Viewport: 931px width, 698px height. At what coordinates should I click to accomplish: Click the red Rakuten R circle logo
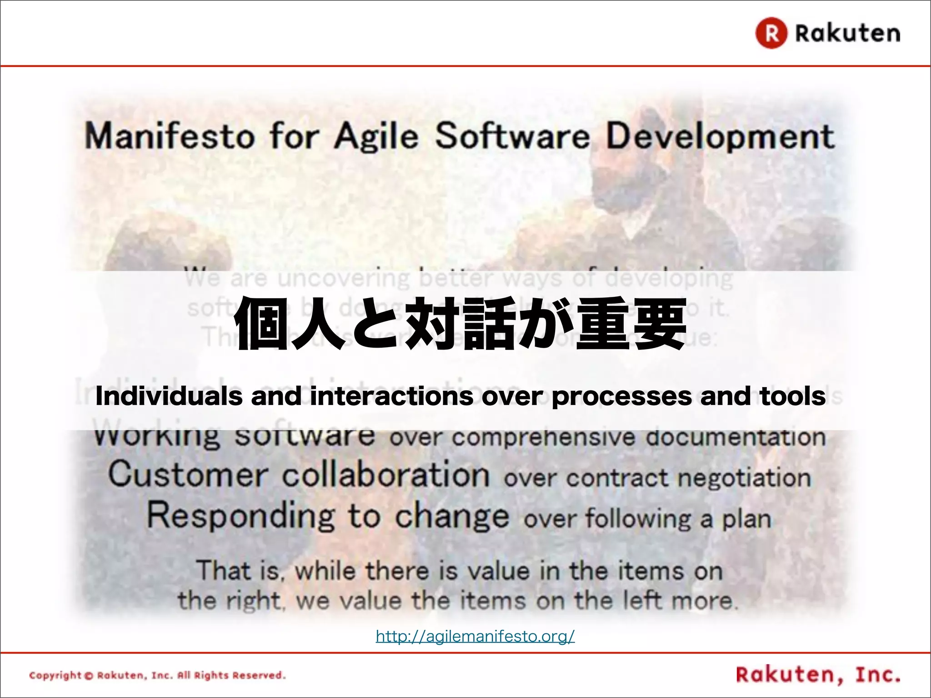click(771, 33)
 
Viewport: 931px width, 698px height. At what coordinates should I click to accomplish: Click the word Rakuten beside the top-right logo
click(847, 33)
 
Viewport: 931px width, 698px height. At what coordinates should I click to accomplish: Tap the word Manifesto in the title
click(170, 136)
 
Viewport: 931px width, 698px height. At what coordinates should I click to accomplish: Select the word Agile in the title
click(376, 136)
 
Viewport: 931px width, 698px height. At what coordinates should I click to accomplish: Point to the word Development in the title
click(721, 136)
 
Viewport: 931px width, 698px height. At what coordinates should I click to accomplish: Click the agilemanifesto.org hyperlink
click(475, 636)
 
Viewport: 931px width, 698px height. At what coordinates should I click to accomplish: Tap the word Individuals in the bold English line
click(169, 396)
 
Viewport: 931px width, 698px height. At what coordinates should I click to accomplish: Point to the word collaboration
click(385, 475)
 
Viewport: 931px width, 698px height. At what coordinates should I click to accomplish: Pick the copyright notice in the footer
click(157, 675)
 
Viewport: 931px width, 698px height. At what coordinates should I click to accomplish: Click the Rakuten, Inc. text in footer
click(818, 675)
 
